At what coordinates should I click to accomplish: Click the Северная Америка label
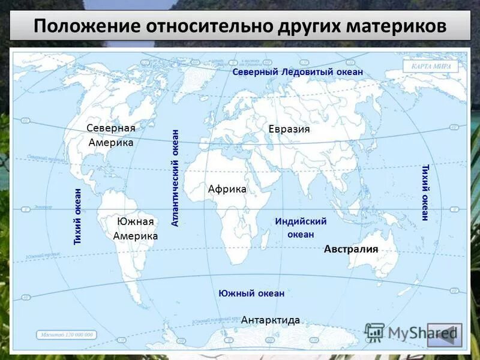tap(111, 136)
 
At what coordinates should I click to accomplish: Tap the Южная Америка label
tap(136, 229)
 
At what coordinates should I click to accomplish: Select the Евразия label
tap(289, 129)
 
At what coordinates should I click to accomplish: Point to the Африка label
tap(227, 189)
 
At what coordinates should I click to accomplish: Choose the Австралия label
tap(351, 249)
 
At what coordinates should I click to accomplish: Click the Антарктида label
tap(270, 320)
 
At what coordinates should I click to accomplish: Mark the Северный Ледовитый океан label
tap(298, 72)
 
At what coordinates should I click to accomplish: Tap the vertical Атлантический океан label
tap(176, 178)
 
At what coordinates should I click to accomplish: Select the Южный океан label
tap(251, 293)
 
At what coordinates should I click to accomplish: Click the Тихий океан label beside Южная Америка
tap(77, 216)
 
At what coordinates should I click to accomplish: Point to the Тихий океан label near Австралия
tap(425, 192)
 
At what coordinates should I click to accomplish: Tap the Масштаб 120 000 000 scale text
tap(67, 334)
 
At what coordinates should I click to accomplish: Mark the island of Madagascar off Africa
tap(265, 240)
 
